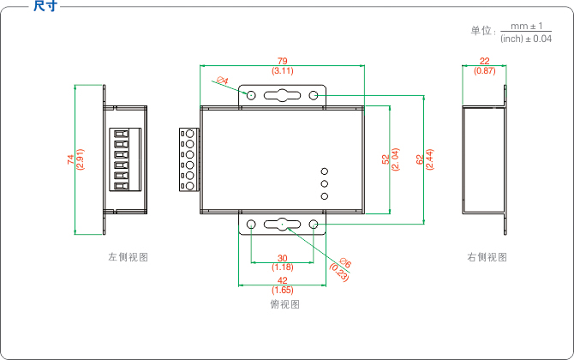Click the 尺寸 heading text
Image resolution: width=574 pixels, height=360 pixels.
(45, 7)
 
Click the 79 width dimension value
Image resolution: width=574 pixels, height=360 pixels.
(283, 60)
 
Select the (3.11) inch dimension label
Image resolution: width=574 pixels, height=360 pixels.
(283, 70)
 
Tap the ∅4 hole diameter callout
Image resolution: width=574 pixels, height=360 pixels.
(223, 81)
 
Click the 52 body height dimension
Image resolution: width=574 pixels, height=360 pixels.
(386, 159)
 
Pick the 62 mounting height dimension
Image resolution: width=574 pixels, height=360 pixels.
(419, 159)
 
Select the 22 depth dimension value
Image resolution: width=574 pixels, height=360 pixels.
(485, 61)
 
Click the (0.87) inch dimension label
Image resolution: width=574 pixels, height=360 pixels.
(485, 70)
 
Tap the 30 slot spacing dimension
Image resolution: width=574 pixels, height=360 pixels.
(282, 258)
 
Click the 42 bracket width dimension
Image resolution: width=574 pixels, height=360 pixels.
(282, 280)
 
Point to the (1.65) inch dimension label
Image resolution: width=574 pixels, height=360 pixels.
(282, 290)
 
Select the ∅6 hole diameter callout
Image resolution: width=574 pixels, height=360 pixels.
(344, 264)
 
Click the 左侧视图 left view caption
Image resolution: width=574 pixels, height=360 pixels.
(128, 257)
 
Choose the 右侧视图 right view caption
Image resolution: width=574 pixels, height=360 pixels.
(487, 257)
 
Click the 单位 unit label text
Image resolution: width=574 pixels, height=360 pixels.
(481, 31)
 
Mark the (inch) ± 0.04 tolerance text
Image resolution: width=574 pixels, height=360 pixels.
(525, 39)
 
